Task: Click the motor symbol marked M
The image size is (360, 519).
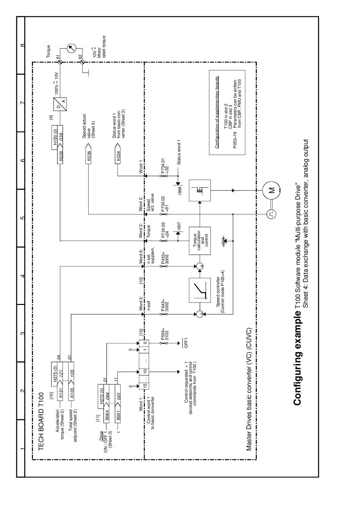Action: (272, 191)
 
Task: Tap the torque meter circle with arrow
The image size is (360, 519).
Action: (71, 48)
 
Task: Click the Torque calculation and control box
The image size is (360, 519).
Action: (199, 240)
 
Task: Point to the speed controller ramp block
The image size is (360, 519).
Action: (200, 290)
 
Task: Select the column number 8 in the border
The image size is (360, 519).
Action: (22, 45)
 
